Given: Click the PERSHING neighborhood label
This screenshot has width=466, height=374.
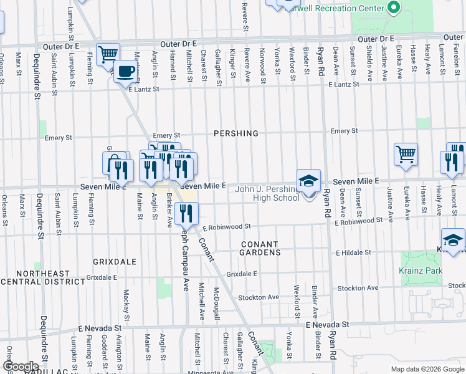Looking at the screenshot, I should click(235, 133).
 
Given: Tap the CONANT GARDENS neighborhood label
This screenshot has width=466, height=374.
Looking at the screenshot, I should click(260, 248).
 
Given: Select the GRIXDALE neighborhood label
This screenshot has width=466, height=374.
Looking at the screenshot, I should click(114, 262).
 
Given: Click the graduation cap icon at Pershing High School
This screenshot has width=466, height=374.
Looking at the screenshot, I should click(308, 181).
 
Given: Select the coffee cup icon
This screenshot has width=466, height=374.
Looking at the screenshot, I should click(126, 71).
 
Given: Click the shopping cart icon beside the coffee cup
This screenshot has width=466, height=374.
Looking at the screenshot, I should click(108, 54).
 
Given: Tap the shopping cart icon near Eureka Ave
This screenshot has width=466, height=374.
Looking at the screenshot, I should click(406, 153).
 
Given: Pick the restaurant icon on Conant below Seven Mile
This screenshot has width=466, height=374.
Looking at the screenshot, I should click(186, 214).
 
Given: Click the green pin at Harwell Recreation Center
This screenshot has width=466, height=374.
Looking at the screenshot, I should click(393, 7).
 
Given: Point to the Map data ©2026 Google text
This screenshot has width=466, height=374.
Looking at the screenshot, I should click(427, 369).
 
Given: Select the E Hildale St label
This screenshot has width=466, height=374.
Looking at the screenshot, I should click(353, 253).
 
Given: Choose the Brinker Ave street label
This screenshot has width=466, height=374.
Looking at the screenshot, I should click(169, 211).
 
